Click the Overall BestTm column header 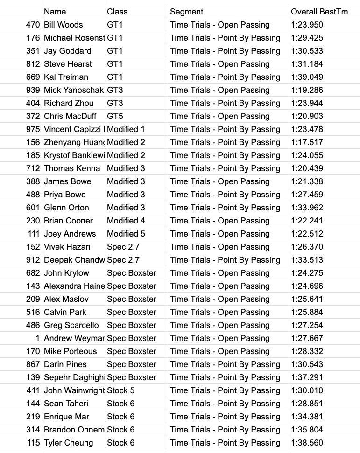tap(319, 12)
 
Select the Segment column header tap(187, 12)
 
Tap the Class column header tap(117, 12)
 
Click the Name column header tap(55, 12)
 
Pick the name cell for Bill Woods tap(64, 25)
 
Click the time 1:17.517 tap(307, 142)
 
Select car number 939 tap(33, 90)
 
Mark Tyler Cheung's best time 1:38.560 tap(307, 443)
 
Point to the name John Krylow tap(66, 273)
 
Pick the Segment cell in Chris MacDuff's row tap(220, 116)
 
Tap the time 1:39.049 tap(307, 77)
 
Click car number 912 tap(33, 260)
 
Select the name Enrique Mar tap(66, 417)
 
